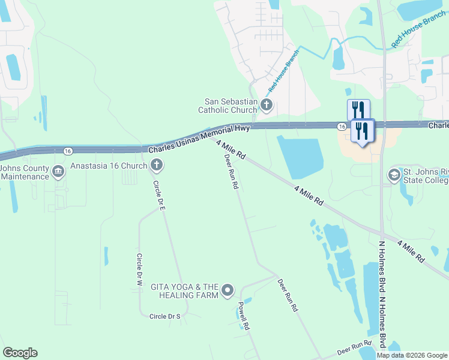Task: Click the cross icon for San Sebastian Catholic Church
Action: (267, 106)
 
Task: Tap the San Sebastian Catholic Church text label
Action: (228, 106)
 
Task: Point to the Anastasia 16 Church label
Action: (109, 165)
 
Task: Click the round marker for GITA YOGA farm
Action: (228, 291)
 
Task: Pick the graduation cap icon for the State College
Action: (394, 175)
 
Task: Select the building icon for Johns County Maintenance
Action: (58, 172)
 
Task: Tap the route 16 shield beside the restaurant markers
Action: (341, 126)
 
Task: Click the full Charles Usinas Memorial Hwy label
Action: (198, 138)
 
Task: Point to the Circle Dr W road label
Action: (139, 269)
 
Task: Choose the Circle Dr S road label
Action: (164, 316)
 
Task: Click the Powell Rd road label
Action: (243, 316)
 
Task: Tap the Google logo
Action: (20, 353)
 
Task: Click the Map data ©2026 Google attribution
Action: (412, 355)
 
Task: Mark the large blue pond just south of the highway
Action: (300, 156)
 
